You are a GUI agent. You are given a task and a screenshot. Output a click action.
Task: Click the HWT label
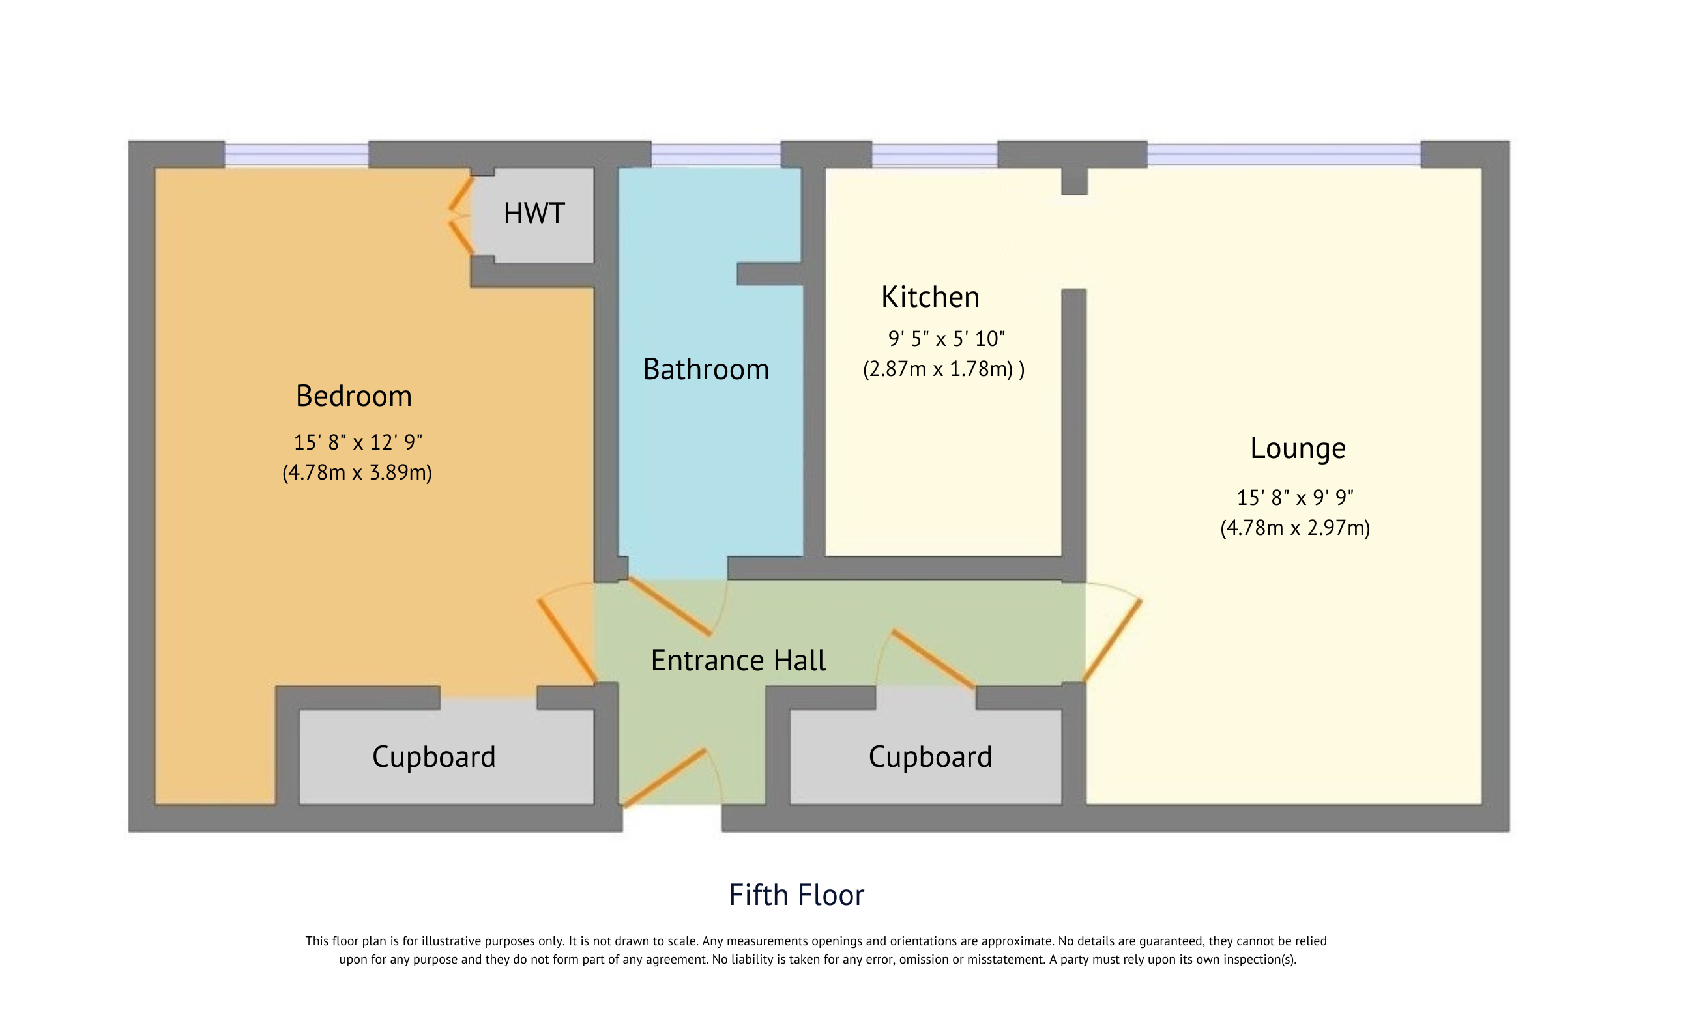click(534, 214)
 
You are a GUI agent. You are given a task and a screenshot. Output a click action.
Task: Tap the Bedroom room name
click(354, 396)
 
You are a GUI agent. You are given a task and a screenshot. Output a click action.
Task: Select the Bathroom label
click(706, 369)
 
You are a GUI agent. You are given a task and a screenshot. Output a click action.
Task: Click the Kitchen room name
click(930, 298)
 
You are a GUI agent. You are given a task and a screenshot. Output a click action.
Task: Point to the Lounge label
click(1298, 449)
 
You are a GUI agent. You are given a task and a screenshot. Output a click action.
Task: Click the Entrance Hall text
click(738, 661)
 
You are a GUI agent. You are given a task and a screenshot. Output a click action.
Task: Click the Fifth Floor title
click(796, 895)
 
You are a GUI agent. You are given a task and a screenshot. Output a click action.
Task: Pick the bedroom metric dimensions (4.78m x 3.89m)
click(357, 472)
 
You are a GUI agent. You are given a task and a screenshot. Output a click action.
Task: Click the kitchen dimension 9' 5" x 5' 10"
click(946, 339)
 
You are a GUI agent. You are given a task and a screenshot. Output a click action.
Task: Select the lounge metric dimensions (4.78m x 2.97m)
click(1294, 528)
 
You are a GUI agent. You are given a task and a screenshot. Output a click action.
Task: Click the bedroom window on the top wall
click(296, 155)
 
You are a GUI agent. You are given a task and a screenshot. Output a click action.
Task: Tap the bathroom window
click(716, 155)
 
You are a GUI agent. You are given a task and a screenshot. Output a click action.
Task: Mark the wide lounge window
click(1283, 155)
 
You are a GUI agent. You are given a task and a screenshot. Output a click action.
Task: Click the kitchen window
click(933, 155)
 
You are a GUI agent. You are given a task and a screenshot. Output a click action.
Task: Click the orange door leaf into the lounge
click(1112, 640)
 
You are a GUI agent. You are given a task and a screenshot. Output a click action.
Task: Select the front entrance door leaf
click(665, 778)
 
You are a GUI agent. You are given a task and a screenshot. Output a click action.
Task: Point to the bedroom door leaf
click(567, 641)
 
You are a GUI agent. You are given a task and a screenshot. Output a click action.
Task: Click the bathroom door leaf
click(669, 607)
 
